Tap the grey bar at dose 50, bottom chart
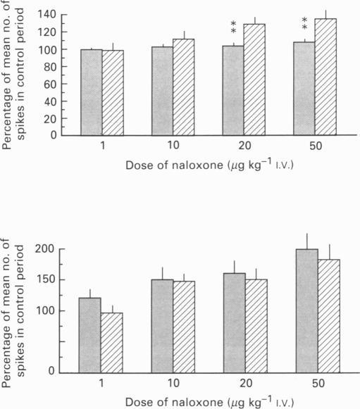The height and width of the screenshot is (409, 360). tap(305, 310)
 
